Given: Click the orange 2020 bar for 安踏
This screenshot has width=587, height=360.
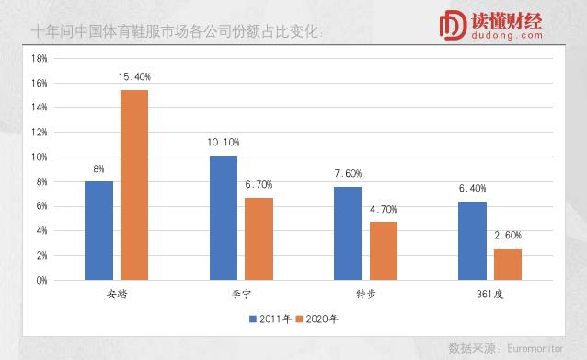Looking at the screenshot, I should pyautogui.click(x=134, y=184).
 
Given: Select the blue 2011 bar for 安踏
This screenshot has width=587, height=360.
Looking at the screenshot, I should pyautogui.click(x=98, y=230).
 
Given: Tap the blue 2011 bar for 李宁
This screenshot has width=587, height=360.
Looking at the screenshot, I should pyautogui.click(x=223, y=217).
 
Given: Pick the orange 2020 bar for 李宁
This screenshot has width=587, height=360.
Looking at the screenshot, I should pyautogui.click(x=259, y=238).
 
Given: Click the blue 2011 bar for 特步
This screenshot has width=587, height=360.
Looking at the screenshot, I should pyautogui.click(x=348, y=233).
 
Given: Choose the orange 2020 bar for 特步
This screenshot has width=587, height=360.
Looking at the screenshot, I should pyautogui.click(x=384, y=250).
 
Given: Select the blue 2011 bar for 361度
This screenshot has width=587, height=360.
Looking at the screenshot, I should pyautogui.click(x=472, y=240).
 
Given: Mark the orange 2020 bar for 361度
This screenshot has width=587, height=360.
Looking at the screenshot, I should pyautogui.click(x=508, y=263).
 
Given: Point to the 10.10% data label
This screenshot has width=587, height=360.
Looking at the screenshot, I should pyautogui.click(x=223, y=143).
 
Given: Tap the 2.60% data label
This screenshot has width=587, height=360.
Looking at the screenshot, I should pyautogui.click(x=508, y=236).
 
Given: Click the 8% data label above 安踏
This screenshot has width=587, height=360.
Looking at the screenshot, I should pyautogui.click(x=98, y=169).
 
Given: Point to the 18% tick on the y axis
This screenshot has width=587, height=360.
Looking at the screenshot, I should pyautogui.click(x=40, y=58).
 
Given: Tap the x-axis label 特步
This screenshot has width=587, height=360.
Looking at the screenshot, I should pyautogui.click(x=365, y=295).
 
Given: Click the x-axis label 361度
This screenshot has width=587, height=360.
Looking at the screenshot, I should pyautogui.click(x=489, y=295).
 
